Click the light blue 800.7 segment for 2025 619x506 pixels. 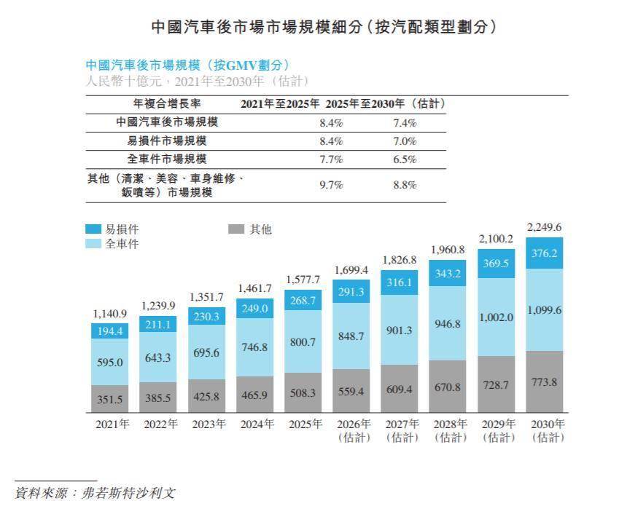click(303, 341)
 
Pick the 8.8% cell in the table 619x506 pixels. click(404, 185)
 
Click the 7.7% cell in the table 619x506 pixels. click(331, 159)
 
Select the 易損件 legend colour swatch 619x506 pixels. click(94, 229)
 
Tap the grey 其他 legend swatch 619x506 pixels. click(235, 229)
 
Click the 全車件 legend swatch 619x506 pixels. click(94, 243)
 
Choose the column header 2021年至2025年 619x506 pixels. click(281, 104)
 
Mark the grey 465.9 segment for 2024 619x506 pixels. click(254, 395)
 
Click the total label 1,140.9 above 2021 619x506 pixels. click(110, 314)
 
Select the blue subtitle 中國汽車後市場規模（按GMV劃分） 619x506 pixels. click(189, 65)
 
